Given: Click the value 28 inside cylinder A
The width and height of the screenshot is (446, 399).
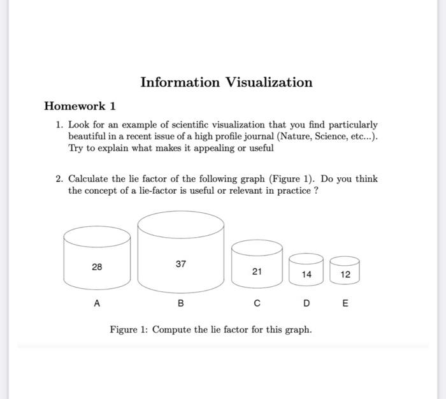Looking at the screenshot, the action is (96, 267).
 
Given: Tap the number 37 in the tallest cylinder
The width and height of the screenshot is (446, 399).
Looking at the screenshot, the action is (181, 263).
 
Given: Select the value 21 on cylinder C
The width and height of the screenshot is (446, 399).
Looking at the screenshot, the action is (257, 272).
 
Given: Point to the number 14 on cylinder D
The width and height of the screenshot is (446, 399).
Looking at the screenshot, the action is (306, 275).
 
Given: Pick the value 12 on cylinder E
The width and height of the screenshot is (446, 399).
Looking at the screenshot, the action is (345, 275).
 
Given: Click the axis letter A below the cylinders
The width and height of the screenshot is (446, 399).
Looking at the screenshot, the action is (97, 304).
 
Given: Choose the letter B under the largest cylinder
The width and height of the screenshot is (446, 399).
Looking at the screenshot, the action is (181, 304).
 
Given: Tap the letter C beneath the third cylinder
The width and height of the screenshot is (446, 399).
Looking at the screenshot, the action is (257, 304).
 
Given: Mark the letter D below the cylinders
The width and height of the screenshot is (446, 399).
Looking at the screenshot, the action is (306, 304).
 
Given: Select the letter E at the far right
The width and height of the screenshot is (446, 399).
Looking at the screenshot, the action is (345, 304).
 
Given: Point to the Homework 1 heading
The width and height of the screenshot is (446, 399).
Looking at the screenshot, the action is (80, 105).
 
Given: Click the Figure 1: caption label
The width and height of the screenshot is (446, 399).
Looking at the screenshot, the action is (129, 330).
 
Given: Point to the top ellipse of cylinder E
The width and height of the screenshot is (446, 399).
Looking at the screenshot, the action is (345, 260).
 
